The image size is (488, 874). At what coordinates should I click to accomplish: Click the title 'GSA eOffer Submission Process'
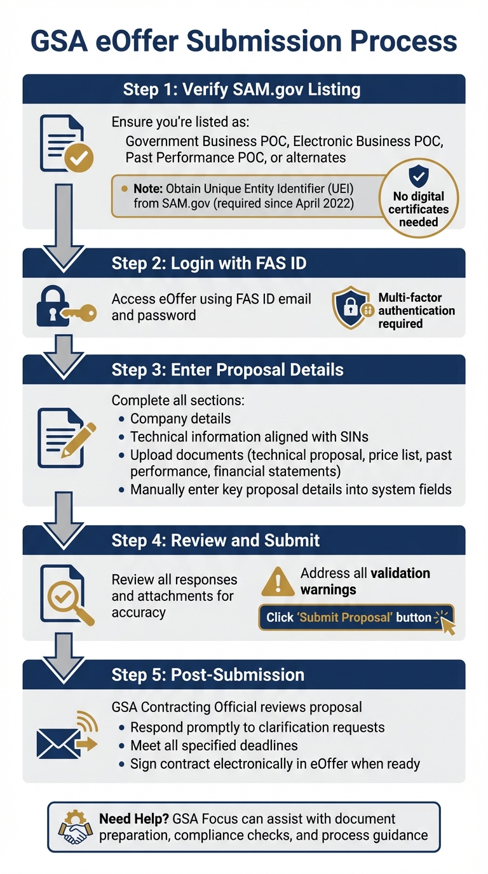244,41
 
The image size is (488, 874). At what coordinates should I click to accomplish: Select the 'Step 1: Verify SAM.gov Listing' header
241,89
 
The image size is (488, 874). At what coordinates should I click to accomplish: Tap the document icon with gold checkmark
65,144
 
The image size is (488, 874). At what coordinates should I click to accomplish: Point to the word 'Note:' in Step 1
147,189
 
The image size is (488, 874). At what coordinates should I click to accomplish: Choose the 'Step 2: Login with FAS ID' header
209,263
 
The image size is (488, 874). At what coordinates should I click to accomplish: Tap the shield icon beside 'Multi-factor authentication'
351,307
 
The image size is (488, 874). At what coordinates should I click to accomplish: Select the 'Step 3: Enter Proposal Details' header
227,370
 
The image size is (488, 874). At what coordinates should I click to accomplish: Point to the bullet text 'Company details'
180,419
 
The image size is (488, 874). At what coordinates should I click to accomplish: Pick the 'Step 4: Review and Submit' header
216,541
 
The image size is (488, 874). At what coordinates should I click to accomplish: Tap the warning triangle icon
278,581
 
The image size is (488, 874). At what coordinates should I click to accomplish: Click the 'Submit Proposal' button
356,617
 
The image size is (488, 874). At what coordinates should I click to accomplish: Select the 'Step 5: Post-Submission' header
208,675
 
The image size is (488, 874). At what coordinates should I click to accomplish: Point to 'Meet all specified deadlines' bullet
213,745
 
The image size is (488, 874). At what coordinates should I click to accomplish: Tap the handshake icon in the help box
74,826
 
